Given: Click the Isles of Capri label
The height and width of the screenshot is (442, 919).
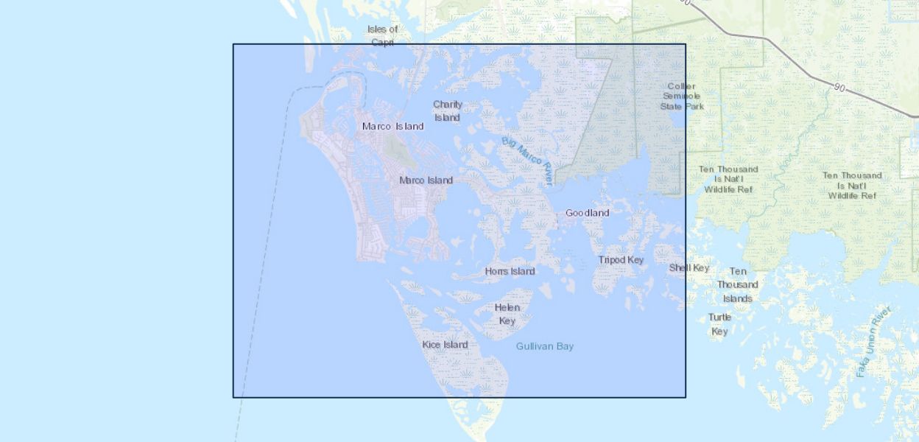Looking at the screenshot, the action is [383, 35].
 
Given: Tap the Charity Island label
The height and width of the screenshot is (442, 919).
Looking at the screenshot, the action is [448, 111].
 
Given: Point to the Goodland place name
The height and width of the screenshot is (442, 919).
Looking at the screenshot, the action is [587, 213].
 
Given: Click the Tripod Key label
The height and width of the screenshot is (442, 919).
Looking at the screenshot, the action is [621, 260].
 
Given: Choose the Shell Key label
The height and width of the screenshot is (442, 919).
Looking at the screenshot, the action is [689, 267].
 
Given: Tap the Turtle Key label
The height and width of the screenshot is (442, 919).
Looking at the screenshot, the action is [719, 324].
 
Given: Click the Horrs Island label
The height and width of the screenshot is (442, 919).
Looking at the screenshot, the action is [510, 271].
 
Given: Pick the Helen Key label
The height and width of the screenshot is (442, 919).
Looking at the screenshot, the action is [507, 314].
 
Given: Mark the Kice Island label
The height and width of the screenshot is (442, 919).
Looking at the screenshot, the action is [445, 345].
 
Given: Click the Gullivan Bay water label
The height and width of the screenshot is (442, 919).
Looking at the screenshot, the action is [544, 346].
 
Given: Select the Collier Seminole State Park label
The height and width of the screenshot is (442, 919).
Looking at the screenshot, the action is [682, 96].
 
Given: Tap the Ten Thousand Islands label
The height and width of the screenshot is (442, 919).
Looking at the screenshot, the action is [737, 284].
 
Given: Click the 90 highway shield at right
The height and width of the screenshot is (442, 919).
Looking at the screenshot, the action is [839, 88].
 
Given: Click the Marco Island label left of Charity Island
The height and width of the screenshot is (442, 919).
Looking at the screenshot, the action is [392, 126].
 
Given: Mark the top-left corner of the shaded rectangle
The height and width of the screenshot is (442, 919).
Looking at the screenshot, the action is [233, 44].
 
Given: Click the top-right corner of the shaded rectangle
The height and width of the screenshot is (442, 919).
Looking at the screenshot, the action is [686, 44].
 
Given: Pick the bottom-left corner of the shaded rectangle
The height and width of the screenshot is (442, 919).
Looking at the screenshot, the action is [233, 397].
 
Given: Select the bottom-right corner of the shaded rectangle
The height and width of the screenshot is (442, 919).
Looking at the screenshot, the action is [686, 397].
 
